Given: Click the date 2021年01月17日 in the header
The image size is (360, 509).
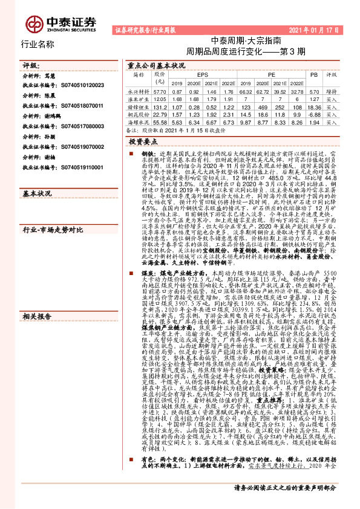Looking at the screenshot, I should coord(314,29).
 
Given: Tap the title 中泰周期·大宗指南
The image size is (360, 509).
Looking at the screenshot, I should coord(246,41).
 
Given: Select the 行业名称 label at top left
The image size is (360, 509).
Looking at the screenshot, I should coord(38,44).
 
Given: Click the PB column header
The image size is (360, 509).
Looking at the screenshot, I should coord(313,73).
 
